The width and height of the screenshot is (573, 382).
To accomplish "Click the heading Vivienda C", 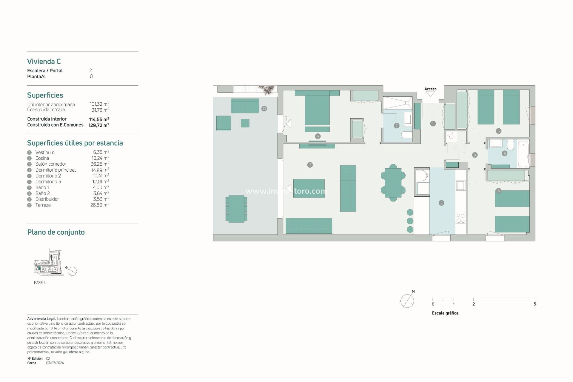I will tap(44, 61).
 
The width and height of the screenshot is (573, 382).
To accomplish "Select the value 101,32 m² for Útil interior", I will tap(99, 104).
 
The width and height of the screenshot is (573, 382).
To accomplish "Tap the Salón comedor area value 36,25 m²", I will tap(100, 164).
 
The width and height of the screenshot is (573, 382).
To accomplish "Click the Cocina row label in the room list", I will tap(42, 158).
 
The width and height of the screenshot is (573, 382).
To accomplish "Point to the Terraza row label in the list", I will tap(43, 205).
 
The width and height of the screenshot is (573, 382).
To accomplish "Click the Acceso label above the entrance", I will tap(430, 89).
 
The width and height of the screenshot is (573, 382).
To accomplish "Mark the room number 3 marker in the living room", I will tap(310, 165).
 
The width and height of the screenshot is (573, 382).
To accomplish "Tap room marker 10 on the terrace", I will tap(264, 109).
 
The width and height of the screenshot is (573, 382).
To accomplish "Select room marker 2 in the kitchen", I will tap(441, 203).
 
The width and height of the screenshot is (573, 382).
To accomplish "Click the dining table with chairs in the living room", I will tap(393, 183).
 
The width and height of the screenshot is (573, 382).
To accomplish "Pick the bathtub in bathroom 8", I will tap(523, 154).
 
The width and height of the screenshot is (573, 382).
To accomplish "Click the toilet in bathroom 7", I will tap(406, 135).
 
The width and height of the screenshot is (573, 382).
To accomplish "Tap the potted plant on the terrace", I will tap(267, 90).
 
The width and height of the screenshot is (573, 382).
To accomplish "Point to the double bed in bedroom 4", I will tap(317, 109).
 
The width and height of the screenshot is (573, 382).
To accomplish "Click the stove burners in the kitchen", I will tap(460, 218).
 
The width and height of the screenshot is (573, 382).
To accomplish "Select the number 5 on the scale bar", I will tap(535, 304).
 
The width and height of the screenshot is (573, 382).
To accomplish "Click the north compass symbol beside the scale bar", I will tap(407, 301).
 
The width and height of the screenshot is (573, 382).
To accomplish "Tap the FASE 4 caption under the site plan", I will tap(40, 283).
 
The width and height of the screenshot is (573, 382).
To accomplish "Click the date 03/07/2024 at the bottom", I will tap(55, 363).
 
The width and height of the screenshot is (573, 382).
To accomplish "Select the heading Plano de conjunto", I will tap(56, 232).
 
